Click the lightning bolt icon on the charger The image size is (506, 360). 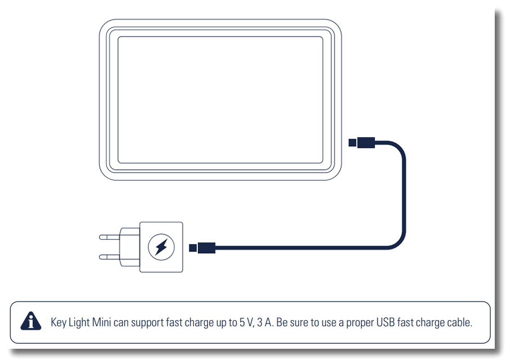(161, 247)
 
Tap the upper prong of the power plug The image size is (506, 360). (110, 237)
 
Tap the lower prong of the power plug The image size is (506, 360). (110, 257)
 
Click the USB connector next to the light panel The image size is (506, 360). (362, 142)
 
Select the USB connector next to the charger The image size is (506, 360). (202, 247)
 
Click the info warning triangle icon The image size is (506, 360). (31, 321)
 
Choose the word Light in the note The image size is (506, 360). (79, 322)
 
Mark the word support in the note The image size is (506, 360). (147, 323)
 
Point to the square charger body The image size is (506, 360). (161, 247)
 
